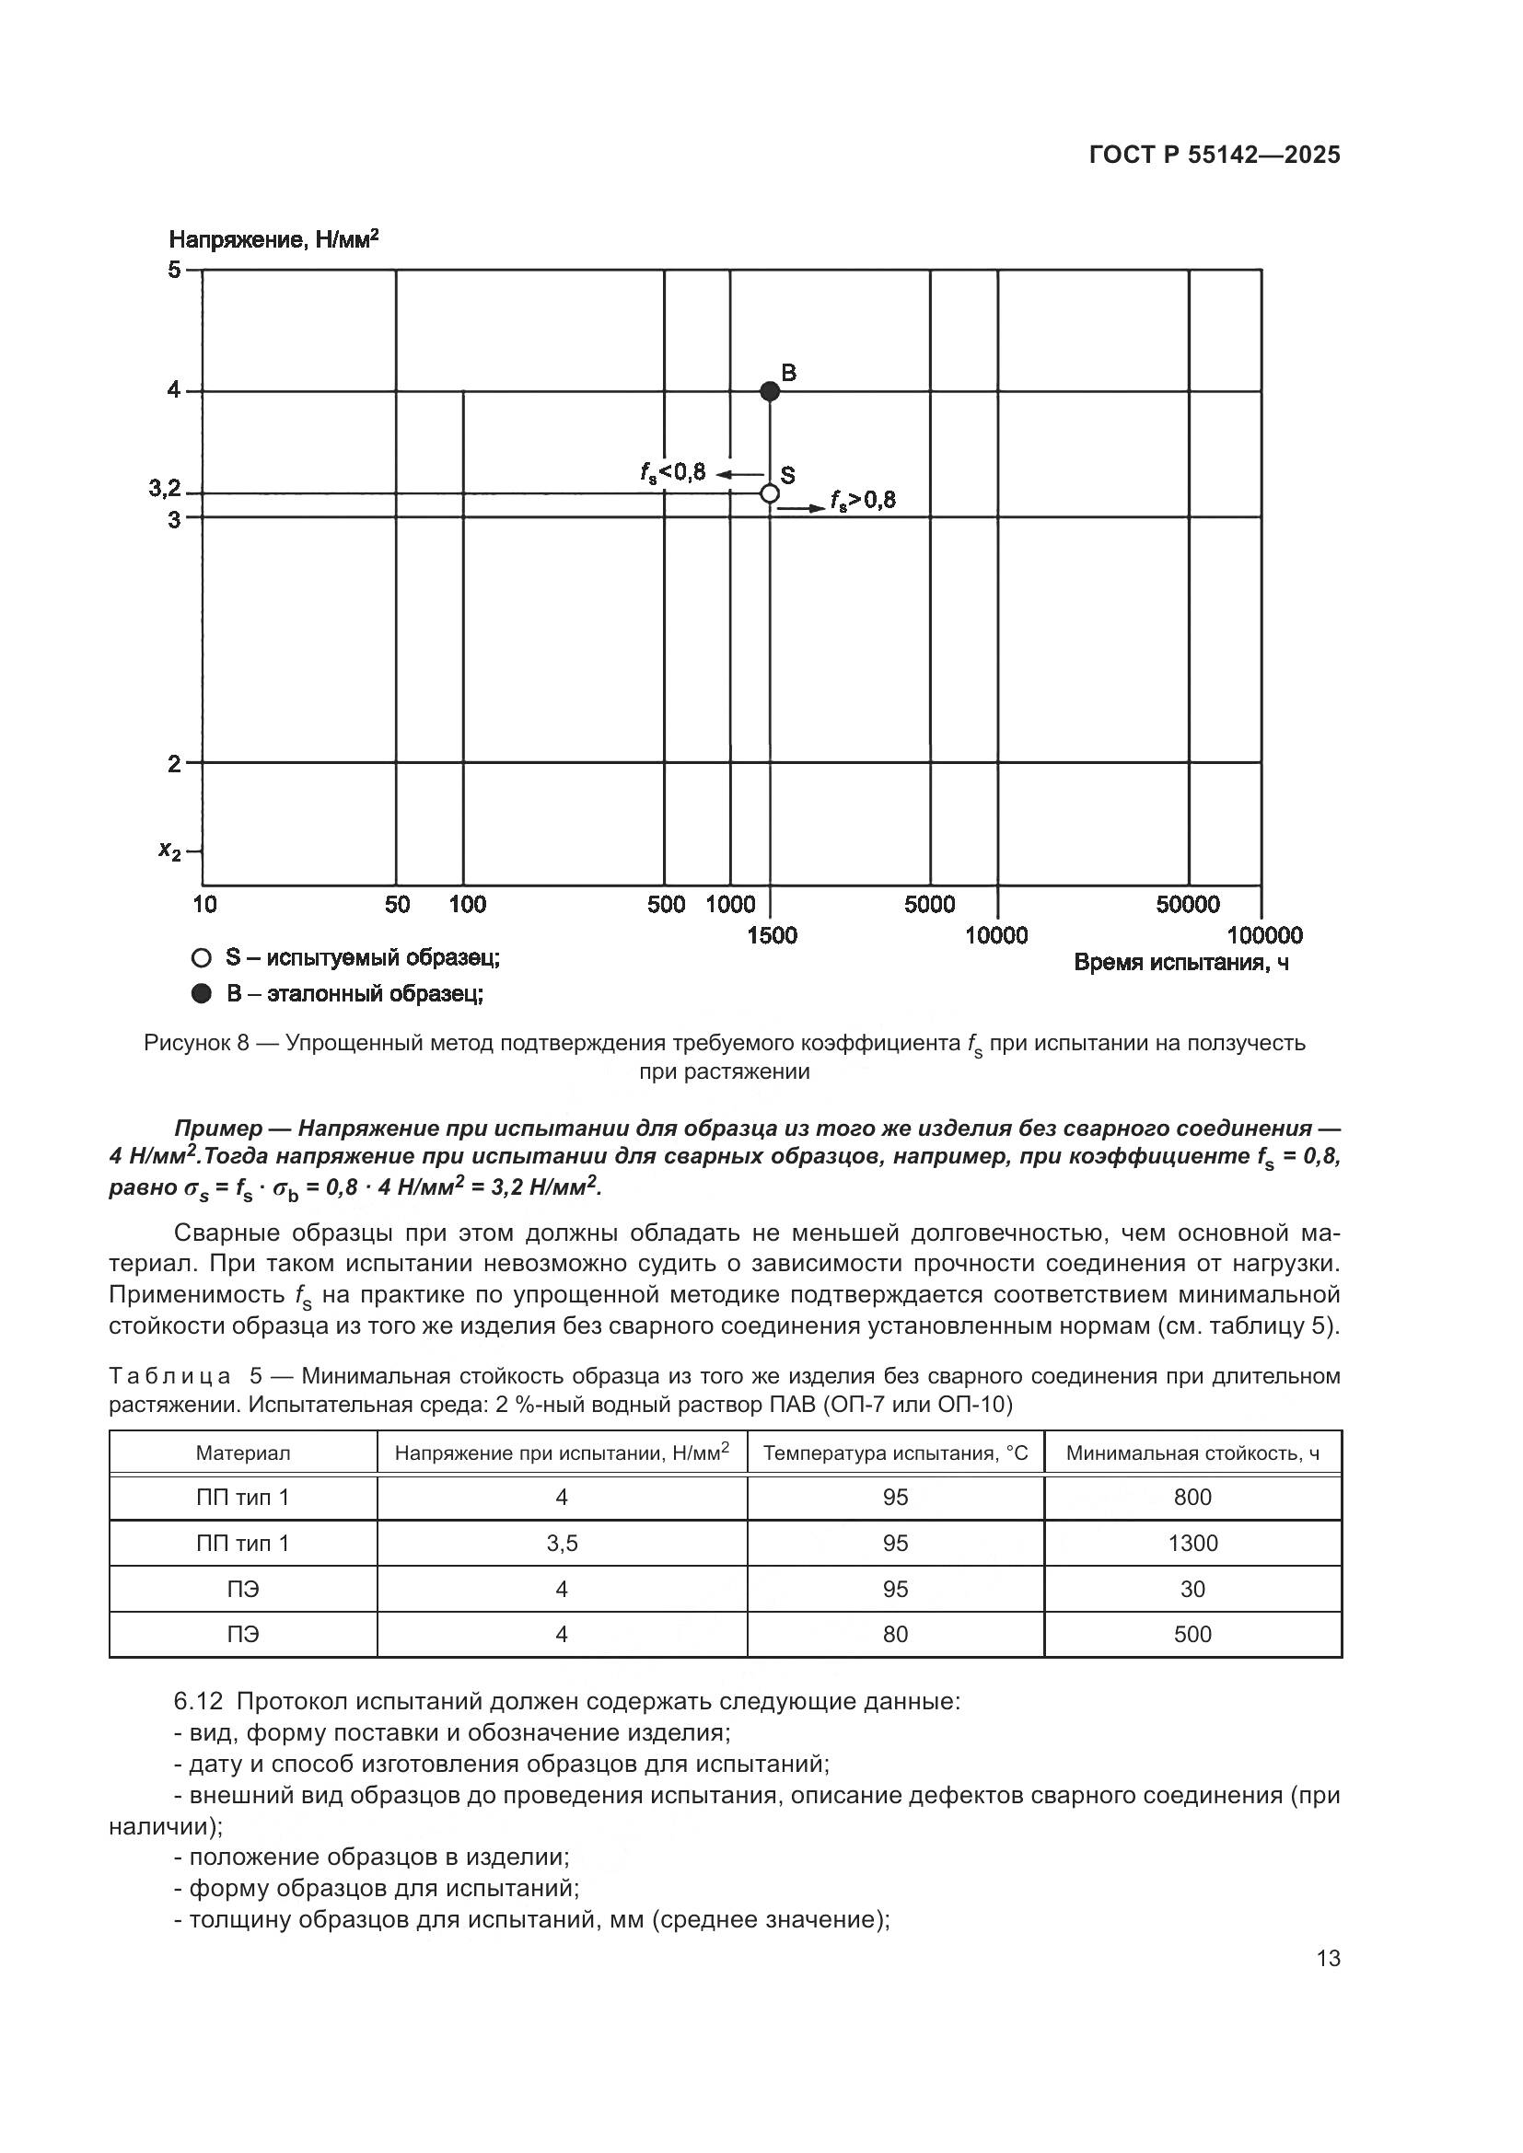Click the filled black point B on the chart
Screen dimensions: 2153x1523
[x=769, y=391]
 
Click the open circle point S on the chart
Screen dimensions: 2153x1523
[x=769, y=493]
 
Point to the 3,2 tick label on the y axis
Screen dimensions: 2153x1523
[x=164, y=489]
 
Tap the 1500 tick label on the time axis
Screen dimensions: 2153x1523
[x=772, y=935]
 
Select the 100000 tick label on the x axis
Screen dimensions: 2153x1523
[x=1264, y=935]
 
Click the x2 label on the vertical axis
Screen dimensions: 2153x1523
[x=169, y=851]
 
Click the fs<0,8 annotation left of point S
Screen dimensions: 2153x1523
[x=672, y=472]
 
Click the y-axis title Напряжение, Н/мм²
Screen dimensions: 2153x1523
[x=273, y=240]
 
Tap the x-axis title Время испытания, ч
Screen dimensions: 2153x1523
[x=1180, y=963]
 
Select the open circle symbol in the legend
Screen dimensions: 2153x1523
[x=201, y=958]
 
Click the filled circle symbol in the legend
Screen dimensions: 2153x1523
[x=201, y=994]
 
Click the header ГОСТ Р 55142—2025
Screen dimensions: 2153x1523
[x=1215, y=156]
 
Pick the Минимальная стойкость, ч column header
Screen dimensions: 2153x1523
[x=1192, y=1453]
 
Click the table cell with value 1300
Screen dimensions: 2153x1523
[x=1192, y=1544]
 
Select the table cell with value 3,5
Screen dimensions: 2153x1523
[x=562, y=1544]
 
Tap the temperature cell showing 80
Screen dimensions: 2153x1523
[x=895, y=1635]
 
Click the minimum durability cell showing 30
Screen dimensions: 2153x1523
[x=1192, y=1590]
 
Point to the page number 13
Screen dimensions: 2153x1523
[x=1328, y=1958]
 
